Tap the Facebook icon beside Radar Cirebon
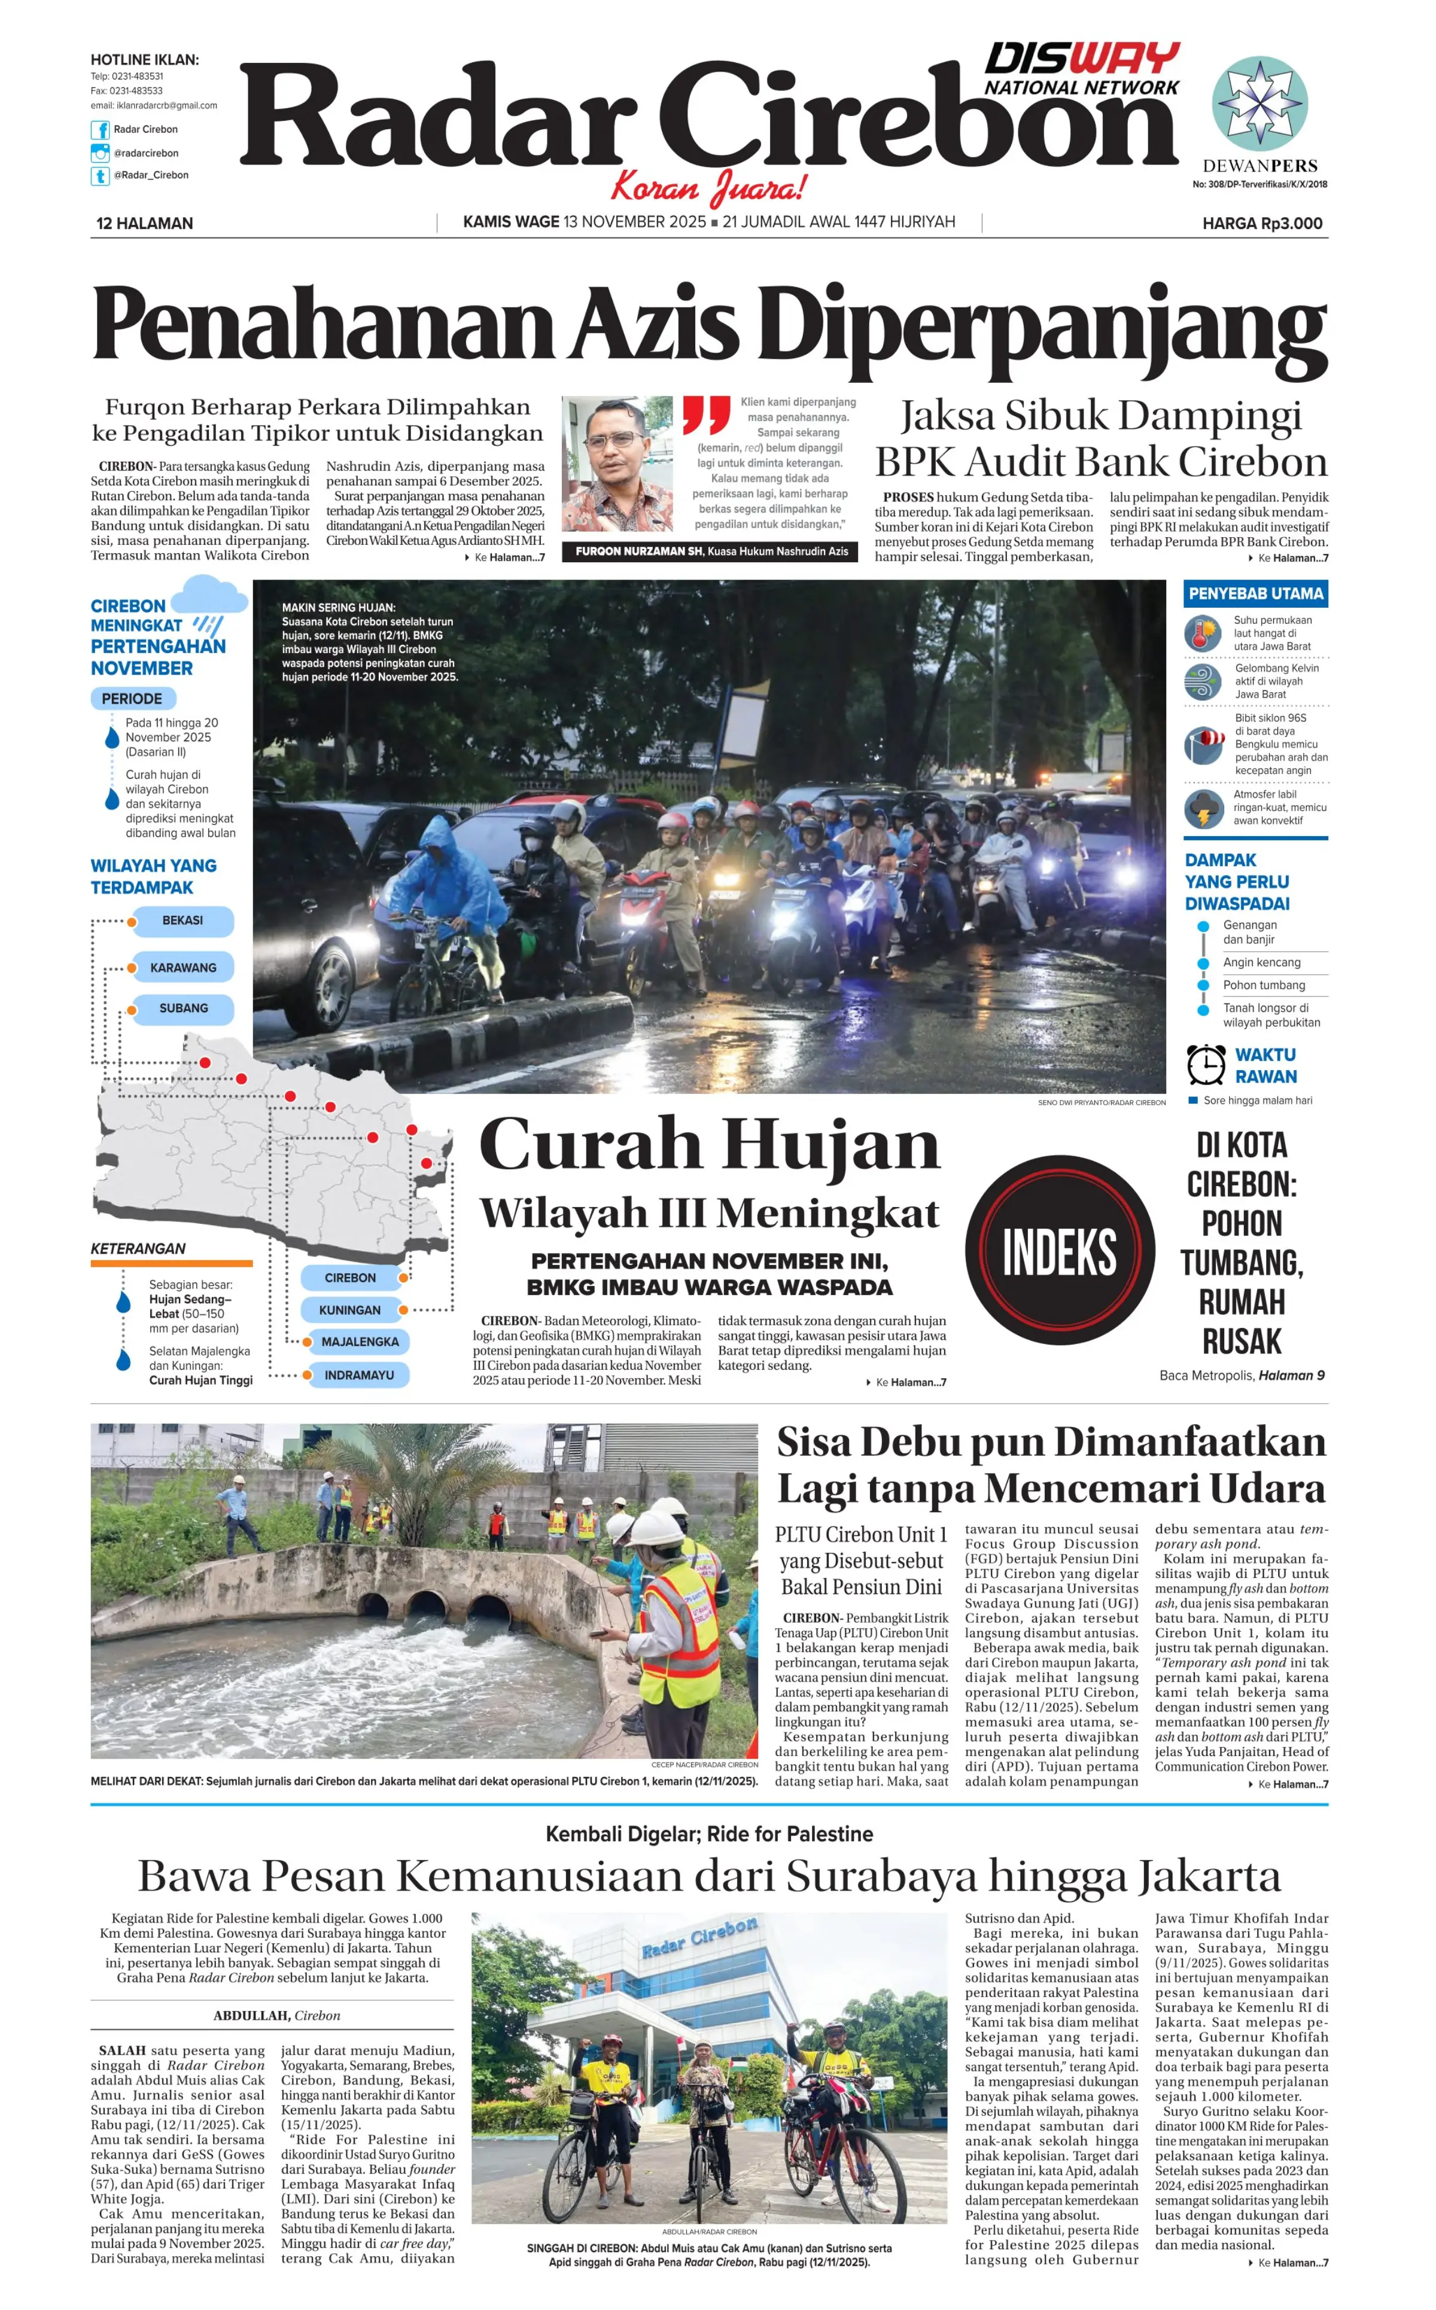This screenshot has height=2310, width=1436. pyautogui.click(x=100, y=130)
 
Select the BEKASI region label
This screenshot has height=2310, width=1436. pyautogui.click(x=182, y=921)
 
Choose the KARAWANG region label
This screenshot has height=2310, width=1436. pyautogui.click(x=183, y=968)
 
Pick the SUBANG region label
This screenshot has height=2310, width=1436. pyautogui.click(x=183, y=1008)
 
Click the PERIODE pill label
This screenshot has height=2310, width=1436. pyautogui.click(x=132, y=699)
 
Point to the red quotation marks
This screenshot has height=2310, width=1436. pyautogui.click(x=705, y=415)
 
